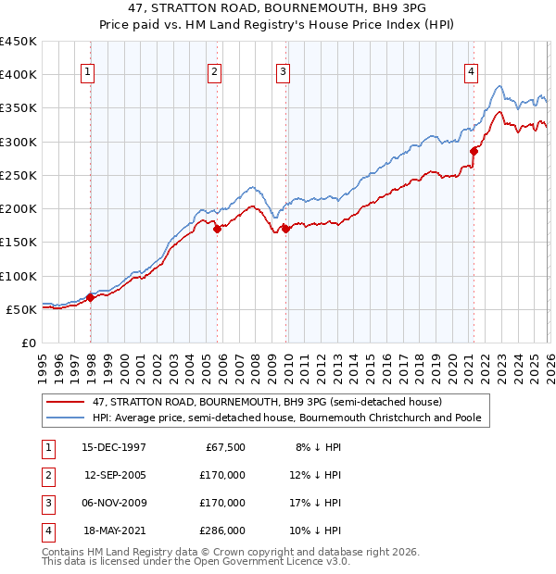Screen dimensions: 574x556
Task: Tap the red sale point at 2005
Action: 217,230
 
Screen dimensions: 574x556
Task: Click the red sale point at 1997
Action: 91,297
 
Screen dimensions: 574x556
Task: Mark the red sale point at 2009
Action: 285,230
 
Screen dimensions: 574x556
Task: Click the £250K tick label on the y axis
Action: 19,175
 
